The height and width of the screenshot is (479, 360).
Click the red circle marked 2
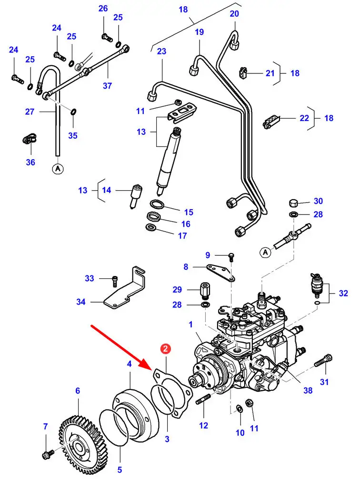(x=165, y=349)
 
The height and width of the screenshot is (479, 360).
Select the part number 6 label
(x=78, y=391)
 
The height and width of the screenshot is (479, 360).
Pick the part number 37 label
(x=107, y=86)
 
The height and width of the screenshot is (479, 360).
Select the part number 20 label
(x=234, y=14)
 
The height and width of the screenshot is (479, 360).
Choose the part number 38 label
(x=308, y=390)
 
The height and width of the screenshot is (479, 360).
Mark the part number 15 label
(x=189, y=212)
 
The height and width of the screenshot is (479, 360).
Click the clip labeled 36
(x=30, y=140)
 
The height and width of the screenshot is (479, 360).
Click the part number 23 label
(x=161, y=51)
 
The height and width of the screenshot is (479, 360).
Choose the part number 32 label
(x=343, y=293)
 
